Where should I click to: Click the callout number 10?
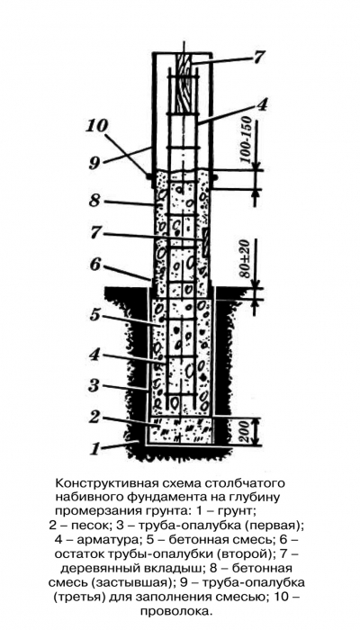click(96, 127)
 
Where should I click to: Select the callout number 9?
click(94, 164)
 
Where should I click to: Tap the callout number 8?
click(94, 200)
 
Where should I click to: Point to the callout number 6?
click(94, 265)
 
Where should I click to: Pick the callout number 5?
click(94, 315)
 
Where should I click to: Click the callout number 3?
click(94, 386)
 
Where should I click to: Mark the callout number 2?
click(94, 417)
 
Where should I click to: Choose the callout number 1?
click(94, 448)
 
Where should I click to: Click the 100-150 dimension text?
click(245, 140)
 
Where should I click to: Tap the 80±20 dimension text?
click(245, 257)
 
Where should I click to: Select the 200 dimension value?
click(247, 431)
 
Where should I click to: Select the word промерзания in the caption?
click(93, 511)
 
